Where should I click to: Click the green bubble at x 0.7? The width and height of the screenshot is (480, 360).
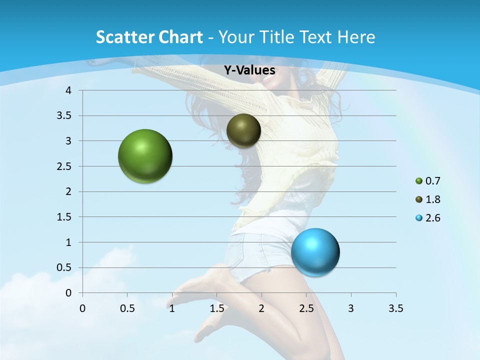coord(145,156)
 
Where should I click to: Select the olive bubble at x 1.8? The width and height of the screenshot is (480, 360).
coord(243,130)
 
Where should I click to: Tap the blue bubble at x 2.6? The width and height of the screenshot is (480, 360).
coord(315,252)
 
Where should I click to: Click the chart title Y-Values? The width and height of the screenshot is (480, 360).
coord(249,70)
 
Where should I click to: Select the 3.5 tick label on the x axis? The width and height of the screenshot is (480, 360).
coord(395,308)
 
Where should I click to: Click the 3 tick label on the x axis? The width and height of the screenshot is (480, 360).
coord(351,308)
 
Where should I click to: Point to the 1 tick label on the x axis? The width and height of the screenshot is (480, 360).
coord(172,308)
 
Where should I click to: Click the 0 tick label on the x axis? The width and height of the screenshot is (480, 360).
coord(82,308)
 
